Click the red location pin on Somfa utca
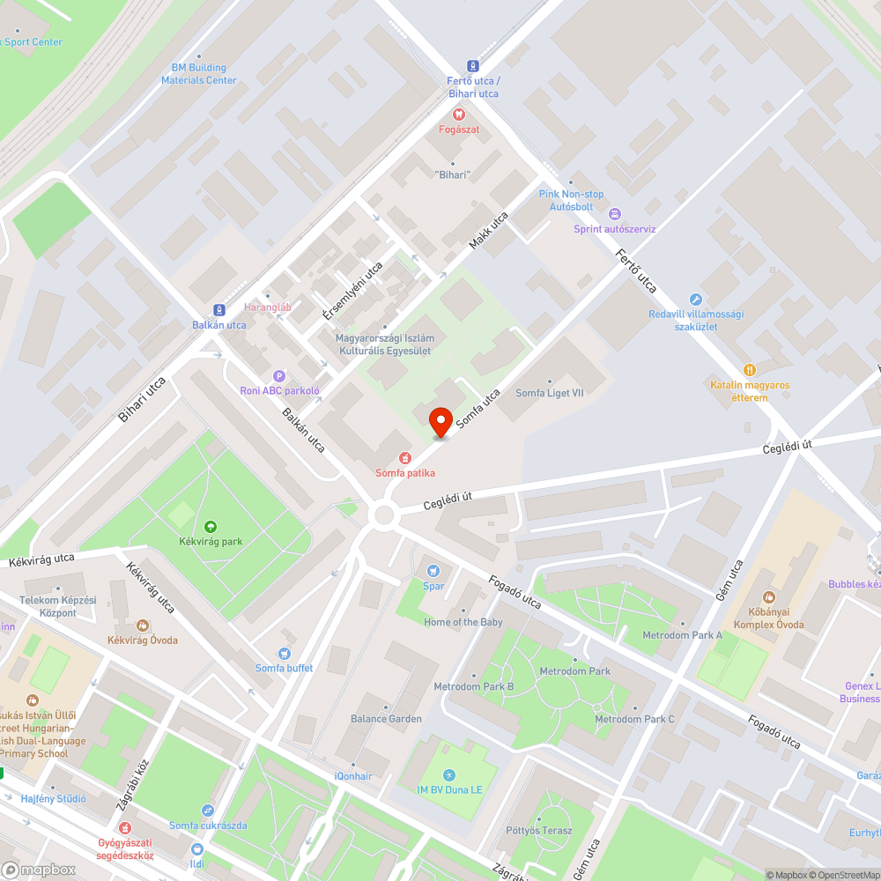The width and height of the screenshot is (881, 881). [x=440, y=421]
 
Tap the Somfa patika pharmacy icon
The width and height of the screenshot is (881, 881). [x=405, y=457]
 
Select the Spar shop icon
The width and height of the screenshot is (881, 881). [x=433, y=570]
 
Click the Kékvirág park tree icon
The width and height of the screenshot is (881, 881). [x=210, y=526]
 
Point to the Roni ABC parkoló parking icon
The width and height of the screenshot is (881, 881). [x=280, y=375]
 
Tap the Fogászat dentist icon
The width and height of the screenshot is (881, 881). [x=458, y=114]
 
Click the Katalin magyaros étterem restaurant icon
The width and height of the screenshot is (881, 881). [x=750, y=370]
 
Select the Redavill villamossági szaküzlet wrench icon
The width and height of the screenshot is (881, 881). [x=696, y=300]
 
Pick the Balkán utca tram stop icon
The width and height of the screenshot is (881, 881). [x=218, y=310]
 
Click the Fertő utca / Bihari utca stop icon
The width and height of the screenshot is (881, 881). [x=473, y=66]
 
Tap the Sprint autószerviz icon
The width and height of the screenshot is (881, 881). [x=615, y=214]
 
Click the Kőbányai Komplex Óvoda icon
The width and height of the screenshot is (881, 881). [x=768, y=598]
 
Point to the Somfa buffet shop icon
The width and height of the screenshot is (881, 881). [x=284, y=653]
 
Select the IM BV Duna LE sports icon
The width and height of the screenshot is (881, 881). [x=448, y=774]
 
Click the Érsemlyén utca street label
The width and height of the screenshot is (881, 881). [x=352, y=291]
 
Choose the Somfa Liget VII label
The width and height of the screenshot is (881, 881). [x=550, y=393]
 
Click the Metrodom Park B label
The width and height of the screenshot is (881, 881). [x=473, y=686]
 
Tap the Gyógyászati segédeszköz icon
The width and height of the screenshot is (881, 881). [x=125, y=828]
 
